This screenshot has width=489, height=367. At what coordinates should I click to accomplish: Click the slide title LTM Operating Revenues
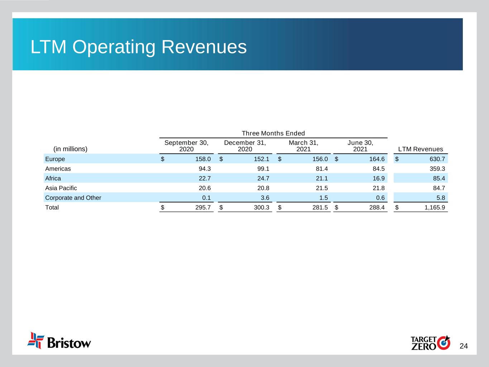pos(139,47)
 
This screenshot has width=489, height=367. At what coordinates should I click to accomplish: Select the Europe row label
pos(55,159)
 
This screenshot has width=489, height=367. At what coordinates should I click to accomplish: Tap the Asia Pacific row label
pos(61,188)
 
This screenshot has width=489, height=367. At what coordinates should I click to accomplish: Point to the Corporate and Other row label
pos(73,198)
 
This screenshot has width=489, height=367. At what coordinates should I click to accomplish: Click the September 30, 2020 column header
pos(186,146)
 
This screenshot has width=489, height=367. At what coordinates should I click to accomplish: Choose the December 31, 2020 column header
pos(245,146)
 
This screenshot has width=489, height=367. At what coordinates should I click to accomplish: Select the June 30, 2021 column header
pos(360,146)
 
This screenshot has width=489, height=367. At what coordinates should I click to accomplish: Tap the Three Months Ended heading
pos(273,133)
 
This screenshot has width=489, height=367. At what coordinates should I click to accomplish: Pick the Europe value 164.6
pos(377,159)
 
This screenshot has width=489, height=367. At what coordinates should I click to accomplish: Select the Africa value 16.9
pos(379,178)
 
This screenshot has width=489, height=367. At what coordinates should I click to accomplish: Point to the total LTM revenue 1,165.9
pos(435,208)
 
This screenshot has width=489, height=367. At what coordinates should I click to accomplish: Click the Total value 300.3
pos(262,208)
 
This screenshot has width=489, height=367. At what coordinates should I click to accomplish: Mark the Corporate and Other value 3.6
pos(265,198)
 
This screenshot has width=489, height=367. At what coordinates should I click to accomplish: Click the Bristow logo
pos(59,341)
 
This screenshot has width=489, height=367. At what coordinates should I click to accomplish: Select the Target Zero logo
pos(430,343)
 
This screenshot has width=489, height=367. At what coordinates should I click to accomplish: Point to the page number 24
pos(464,346)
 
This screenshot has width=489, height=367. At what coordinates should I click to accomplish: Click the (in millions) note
pos(70,149)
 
